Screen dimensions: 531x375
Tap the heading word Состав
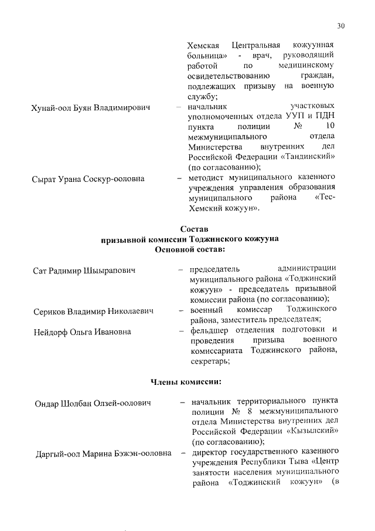tap(193, 228)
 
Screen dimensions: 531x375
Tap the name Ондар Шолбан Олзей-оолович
tap(92, 403)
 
